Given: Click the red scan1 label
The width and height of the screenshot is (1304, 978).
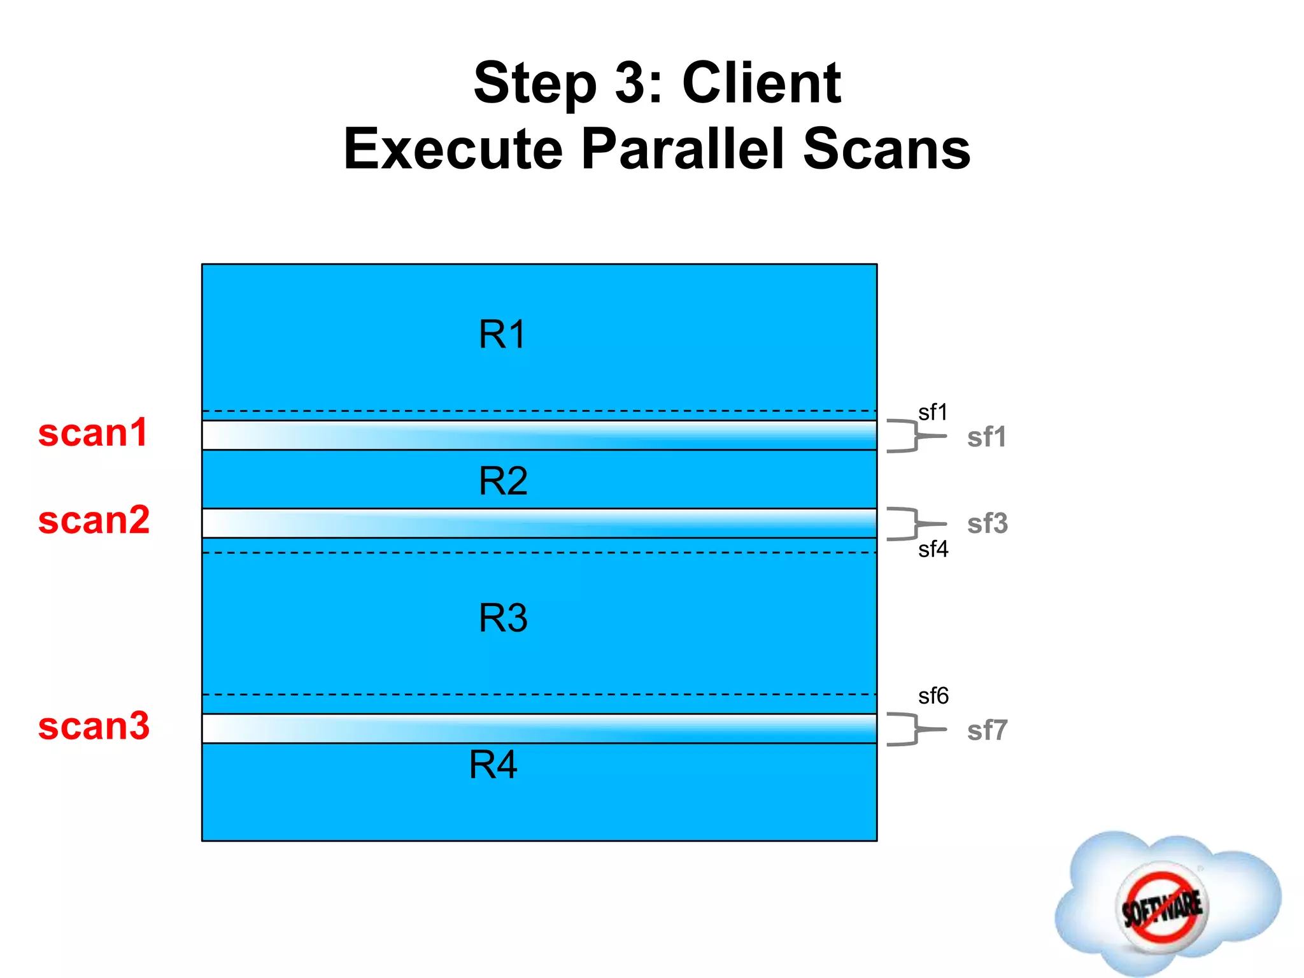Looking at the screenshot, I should [x=93, y=434].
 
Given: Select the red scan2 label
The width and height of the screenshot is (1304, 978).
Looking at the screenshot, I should [x=94, y=520].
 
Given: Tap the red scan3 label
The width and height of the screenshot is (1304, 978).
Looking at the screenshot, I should [x=94, y=726].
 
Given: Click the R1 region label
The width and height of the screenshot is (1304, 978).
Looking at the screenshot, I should [x=502, y=334].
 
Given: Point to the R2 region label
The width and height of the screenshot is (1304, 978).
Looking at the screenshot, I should [x=503, y=481].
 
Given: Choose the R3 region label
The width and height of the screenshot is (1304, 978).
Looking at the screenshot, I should [x=503, y=618].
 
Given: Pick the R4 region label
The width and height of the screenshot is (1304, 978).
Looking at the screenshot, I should [x=493, y=765].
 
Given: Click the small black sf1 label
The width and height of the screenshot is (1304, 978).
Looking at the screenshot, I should [x=933, y=413].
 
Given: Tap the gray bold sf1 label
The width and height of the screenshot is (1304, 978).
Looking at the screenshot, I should [x=986, y=437].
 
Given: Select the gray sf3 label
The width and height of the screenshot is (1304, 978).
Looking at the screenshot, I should [x=987, y=524].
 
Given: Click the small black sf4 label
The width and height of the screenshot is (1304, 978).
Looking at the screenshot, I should [x=933, y=549].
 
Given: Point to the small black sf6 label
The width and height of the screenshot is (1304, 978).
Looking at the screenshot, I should [x=933, y=696].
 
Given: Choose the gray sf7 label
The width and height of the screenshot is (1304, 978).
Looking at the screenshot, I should [x=987, y=730].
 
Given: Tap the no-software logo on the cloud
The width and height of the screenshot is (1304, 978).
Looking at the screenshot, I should [x=1161, y=907].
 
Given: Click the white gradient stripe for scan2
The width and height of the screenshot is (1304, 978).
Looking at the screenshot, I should [x=539, y=523].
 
